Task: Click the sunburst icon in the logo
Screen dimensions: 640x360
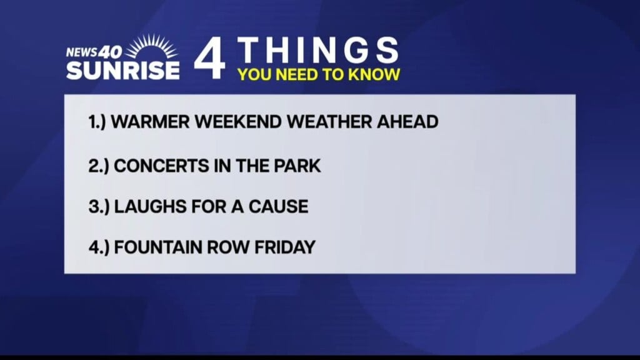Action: (x=151, y=47)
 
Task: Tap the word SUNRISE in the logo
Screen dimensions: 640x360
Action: (x=123, y=70)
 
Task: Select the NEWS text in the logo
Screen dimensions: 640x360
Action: (x=82, y=52)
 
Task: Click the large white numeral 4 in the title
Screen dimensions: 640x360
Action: (x=209, y=58)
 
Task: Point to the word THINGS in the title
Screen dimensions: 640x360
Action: (x=317, y=50)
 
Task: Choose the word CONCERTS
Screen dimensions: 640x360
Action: (x=161, y=166)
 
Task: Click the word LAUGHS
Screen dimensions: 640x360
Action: (x=150, y=206)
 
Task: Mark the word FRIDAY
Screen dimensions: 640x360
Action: (x=285, y=247)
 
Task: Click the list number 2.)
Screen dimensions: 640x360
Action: (x=99, y=166)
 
